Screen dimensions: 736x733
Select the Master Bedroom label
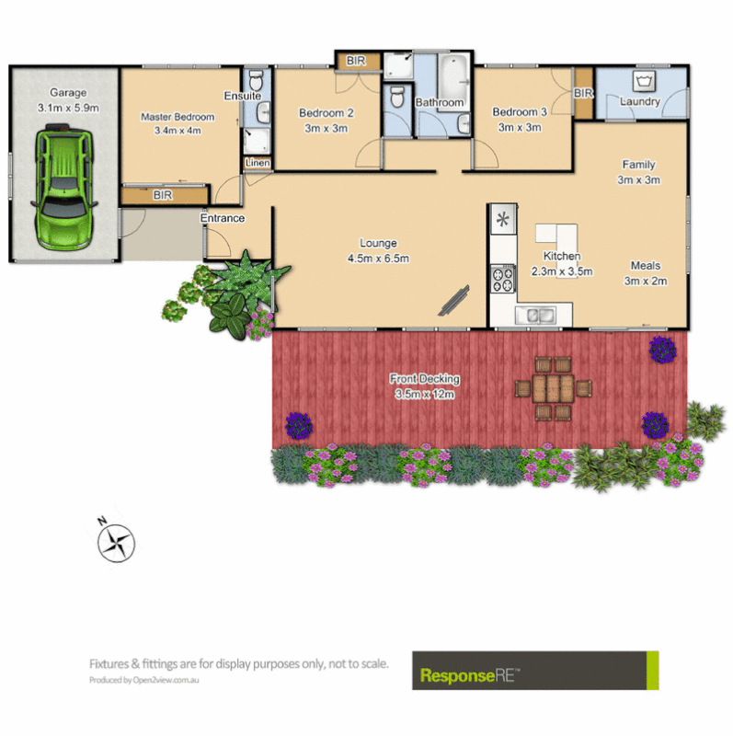[178, 118]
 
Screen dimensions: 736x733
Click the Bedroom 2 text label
[326, 113]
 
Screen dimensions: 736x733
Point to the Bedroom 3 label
[520, 112]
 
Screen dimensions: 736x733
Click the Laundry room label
[640, 101]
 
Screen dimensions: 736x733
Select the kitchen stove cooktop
[503, 278]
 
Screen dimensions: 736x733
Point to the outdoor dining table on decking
[553, 386]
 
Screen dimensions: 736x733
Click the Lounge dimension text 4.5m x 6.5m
[378, 259]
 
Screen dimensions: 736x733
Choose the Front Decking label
[424, 378]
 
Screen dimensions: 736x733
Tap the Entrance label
[223, 218]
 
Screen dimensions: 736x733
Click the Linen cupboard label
[257, 164]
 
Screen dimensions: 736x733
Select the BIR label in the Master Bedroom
[164, 195]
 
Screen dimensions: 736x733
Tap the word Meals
[645, 266]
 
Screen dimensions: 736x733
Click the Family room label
[638, 164]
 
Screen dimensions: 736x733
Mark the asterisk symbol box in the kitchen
[502, 219]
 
